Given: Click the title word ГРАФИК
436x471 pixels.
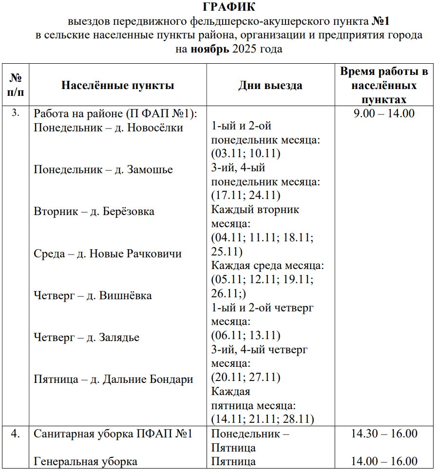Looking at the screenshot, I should click(228, 7).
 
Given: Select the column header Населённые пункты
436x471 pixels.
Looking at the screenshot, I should click(117, 86).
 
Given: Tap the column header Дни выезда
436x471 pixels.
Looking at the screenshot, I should click(270, 86).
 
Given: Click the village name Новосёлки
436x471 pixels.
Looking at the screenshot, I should click(155, 128).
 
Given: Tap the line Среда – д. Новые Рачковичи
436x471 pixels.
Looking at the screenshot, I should click(108, 254).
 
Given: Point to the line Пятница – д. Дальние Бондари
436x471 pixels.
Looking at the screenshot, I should click(114, 380).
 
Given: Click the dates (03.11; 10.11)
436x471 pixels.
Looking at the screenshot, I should click(246, 154).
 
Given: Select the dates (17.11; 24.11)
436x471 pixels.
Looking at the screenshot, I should click(246, 196).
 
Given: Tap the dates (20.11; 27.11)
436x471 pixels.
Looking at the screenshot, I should click(246, 378).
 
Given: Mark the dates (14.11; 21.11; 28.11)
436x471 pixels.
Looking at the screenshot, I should click(263, 419).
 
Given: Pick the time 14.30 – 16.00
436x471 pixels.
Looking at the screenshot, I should click(384, 434).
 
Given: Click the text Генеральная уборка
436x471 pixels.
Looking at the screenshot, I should click(85, 461).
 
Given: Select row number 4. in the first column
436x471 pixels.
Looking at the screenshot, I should click(16, 434).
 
